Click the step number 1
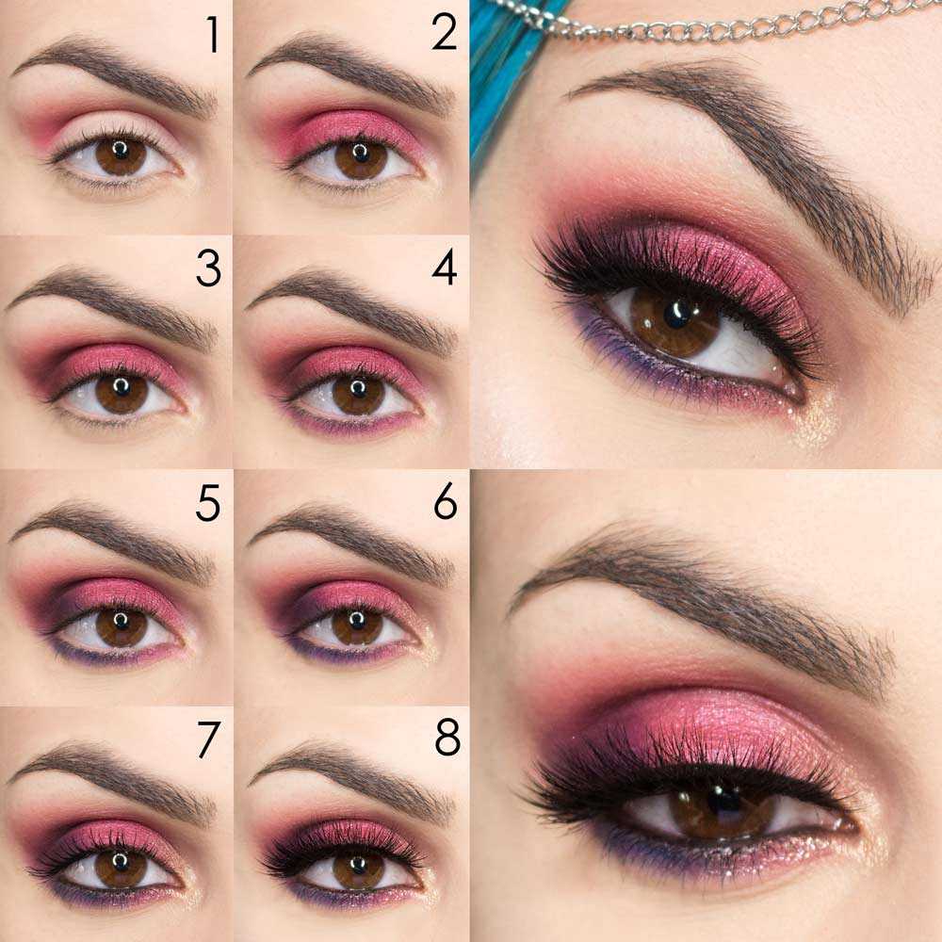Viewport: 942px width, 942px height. tap(213, 35)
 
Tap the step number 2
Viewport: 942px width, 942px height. tap(444, 33)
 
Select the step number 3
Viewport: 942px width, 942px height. tap(207, 269)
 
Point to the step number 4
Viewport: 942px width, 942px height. tap(444, 268)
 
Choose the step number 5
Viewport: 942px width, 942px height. tap(207, 504)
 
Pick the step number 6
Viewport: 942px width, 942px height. tap(445, 504)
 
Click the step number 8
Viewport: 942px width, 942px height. tap(447, 739)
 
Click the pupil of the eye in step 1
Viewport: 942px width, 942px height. tap(121, 151)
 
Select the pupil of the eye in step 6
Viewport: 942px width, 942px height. tap(357, 622)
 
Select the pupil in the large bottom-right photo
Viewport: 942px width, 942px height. tap(723, 801)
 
